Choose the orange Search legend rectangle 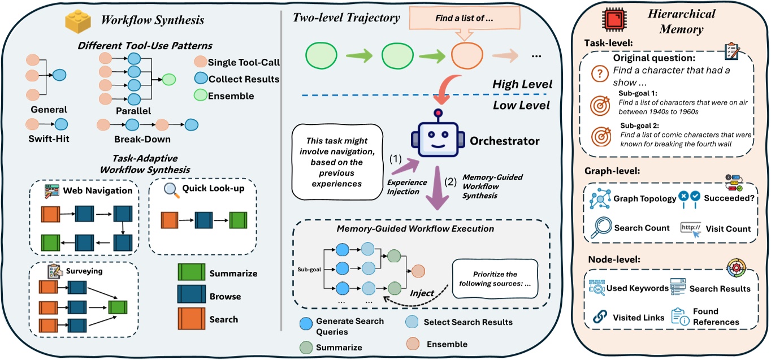(x=189, y=319)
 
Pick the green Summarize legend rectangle (x=189, y=273)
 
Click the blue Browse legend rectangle (x=189, y=296)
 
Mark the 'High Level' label (x=522, y=84)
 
